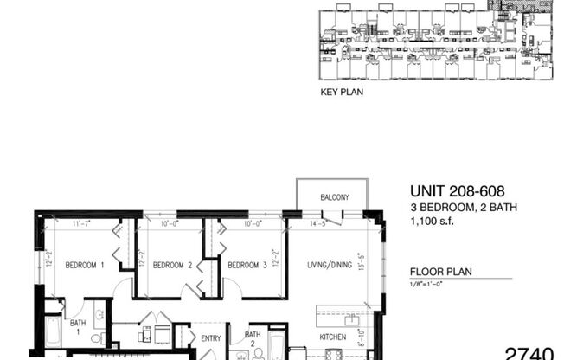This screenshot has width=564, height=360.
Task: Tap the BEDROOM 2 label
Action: click(171, 265)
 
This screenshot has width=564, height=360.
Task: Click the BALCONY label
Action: click(334, 198)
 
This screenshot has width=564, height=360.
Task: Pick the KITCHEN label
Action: click(334, 337)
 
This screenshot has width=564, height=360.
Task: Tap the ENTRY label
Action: click(210, 338)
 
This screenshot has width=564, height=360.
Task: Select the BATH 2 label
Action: click(253, 338)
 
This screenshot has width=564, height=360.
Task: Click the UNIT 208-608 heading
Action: click(455, 193)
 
